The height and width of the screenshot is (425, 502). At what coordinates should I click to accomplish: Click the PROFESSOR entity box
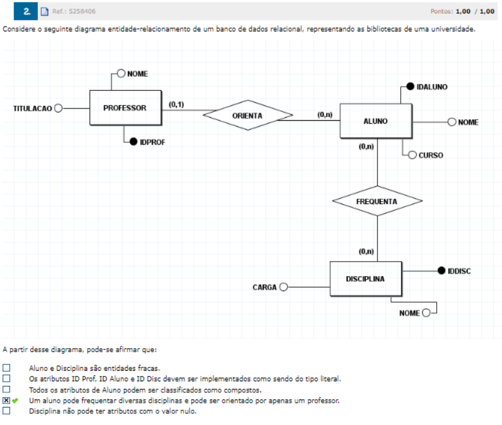pos(125,108)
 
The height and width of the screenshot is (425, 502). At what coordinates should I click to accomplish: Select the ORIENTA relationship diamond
pos(248,115)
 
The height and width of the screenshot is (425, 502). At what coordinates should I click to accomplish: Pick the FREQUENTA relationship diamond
pos(377,201)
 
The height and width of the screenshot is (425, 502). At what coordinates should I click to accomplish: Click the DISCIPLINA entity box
pos(365,279)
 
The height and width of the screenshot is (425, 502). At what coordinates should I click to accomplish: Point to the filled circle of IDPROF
pos(133,141)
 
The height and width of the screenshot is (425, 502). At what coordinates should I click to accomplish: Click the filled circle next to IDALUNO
pos(411,87)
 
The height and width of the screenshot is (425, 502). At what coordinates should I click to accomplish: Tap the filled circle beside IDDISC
pos(441,271)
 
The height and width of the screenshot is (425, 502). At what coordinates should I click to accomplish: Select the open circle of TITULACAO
pos(58,108)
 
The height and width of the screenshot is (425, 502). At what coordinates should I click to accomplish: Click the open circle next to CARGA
pos(284,287)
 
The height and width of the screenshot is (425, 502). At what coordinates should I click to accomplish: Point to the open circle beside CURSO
pos(412,155)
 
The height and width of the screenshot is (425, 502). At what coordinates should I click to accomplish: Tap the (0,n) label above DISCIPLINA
pos(366,252)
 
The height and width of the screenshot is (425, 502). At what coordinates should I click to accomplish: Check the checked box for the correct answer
pos(6,401)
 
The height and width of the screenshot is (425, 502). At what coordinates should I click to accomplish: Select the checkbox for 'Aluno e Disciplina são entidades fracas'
pos(6,368)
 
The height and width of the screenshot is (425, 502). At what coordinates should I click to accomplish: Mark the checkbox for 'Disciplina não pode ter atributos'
pos(6,411)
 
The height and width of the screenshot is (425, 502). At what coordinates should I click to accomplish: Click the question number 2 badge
pos(27,10)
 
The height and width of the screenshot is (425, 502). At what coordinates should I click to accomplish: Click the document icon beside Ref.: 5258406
pos(44,11)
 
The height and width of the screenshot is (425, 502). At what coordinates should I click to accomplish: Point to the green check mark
pos(15,401)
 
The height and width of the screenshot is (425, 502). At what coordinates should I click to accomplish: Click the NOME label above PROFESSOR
pos(137,73)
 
